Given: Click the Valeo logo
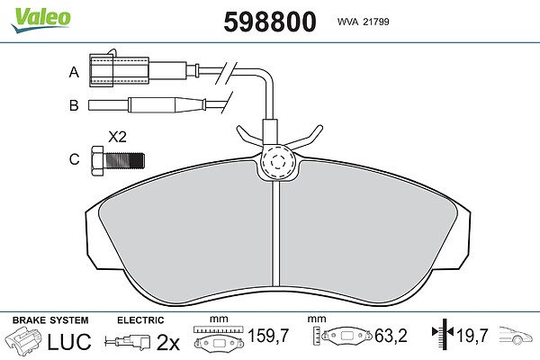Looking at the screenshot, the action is [x=40, y=19].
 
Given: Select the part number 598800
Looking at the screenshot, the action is [x=270, y=22].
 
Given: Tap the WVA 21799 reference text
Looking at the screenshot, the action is [x=363, y=22].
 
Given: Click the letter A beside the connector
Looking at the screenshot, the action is [x=74, y=72].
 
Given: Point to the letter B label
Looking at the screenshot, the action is [x=74, y=105].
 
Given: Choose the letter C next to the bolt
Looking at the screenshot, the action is [x=75, y=159].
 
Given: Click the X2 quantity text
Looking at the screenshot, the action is [x=117, y=137].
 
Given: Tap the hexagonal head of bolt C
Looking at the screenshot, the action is [x=97, y=161].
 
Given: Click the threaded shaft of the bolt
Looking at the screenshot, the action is [x=124, y=161].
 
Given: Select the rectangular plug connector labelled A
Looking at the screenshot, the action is [x=119, y=70].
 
